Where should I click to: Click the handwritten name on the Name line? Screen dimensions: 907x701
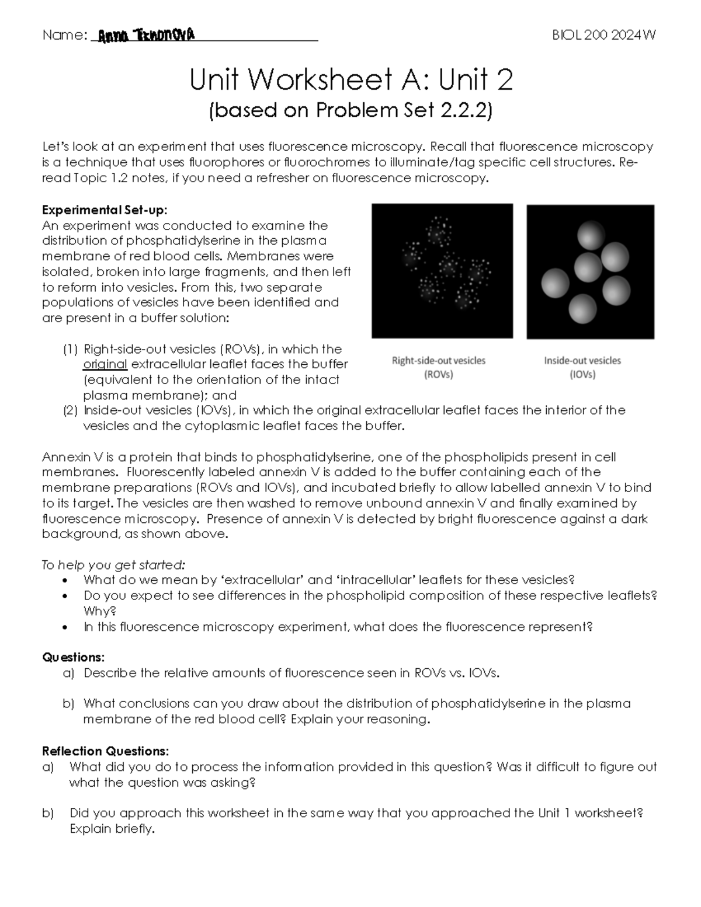[x=146, y=36]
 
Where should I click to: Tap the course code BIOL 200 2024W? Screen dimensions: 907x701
[x=604, y=35]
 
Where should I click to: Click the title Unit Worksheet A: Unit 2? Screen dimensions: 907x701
[x=350, y=79]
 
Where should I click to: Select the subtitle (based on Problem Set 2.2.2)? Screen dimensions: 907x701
[x=350, y=110]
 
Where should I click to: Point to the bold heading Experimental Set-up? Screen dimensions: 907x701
[x=105, y=210]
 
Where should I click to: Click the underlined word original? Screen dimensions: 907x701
[x=105, y=365]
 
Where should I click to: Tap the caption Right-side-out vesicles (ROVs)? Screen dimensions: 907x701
[x=439, y=367]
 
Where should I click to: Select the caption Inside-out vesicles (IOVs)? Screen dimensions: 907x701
[x=582, y=367]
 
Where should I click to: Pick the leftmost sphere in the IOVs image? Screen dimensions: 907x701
[x=555, y=283]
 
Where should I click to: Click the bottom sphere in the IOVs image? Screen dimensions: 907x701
[x=582, y=308]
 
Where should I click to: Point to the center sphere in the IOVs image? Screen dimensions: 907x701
[x=588, y=267]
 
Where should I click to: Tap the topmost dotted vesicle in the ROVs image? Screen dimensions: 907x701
[x=439, y=231]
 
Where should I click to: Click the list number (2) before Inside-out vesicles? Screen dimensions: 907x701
[x=70, y=410]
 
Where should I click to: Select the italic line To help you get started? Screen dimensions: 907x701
[x=113, y=565]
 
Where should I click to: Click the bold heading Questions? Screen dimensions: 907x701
[x=73, y=658]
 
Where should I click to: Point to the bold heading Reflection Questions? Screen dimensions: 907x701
[x=105, y=751]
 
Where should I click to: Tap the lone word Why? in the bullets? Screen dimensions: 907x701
[x=100, y=611]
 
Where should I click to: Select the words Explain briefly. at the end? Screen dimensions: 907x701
[x=112, y=829]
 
